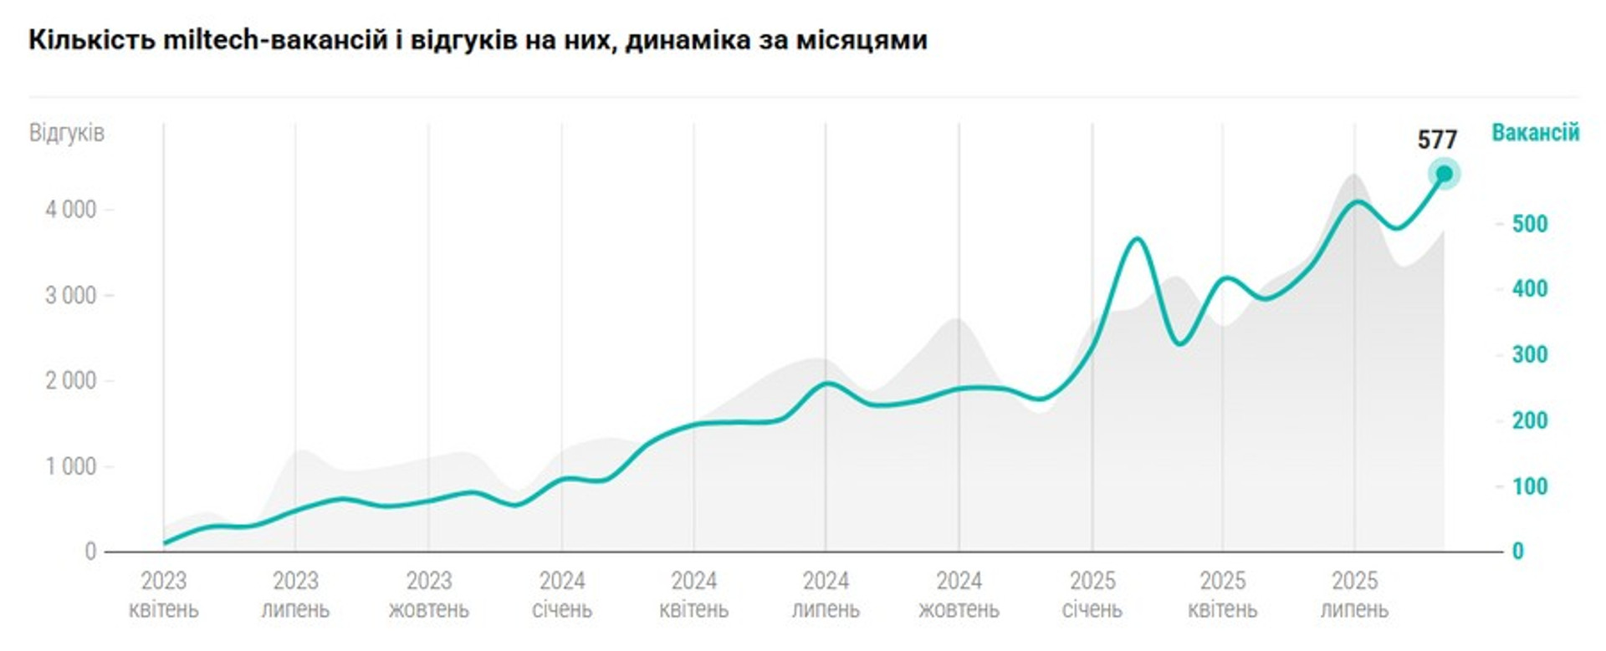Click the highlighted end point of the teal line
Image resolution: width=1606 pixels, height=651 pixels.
point(1444,174)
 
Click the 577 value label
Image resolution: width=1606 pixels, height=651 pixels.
point(1437,140)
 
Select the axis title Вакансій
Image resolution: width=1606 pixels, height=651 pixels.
point(1536,133)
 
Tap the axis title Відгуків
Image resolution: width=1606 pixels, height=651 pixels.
point(67,133)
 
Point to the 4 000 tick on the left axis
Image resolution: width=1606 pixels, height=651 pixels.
point(71,210)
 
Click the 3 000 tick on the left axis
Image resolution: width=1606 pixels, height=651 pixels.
point(71,296)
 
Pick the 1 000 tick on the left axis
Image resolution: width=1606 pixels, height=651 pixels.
point(71,466)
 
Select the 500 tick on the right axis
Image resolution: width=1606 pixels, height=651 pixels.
point(1530,224)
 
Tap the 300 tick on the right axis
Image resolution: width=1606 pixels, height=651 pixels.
point(1530,354)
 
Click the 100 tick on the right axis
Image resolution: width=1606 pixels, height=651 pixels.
point(1530,486)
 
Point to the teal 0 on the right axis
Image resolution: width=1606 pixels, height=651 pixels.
point(1517,552)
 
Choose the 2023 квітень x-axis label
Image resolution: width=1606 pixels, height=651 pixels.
point(164,595)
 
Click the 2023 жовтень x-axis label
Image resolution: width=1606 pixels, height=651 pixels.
point(428,595)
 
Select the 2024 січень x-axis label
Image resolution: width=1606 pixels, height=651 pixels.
point(562,595)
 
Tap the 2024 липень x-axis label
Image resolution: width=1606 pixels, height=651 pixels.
point(826,595)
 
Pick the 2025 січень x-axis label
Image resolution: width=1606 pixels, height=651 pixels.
point(1092,595)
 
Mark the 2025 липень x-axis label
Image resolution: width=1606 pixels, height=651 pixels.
point(1354,595)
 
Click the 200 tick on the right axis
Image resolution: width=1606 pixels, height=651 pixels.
point(1530,420)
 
